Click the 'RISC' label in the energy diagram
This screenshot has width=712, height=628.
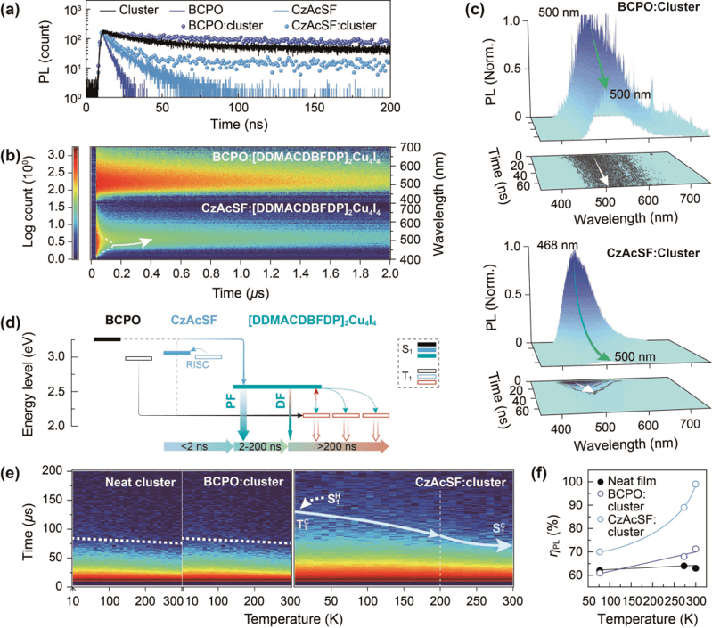point(196,363)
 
